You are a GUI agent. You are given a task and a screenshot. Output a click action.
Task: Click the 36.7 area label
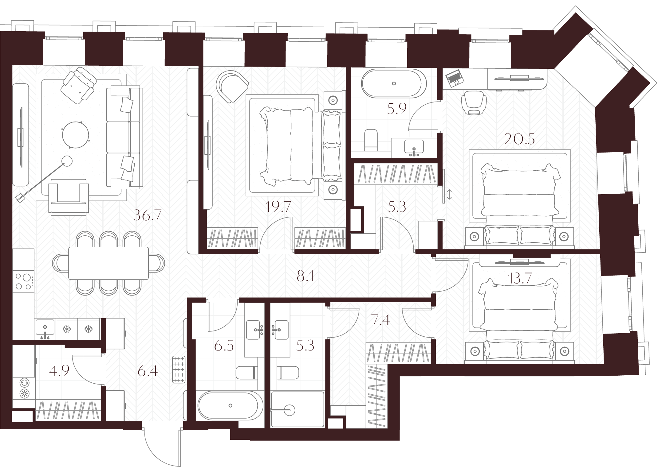click(148, 216)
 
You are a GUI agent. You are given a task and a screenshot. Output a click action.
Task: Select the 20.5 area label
click(520, 139)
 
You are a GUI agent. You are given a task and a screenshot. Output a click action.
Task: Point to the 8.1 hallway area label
click(305, 277)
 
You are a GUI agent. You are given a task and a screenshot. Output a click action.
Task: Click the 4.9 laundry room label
click(59, 371)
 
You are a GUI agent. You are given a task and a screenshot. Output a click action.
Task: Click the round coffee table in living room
click(76, 134)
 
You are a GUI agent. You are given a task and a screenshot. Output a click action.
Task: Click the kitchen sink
click(45, 328)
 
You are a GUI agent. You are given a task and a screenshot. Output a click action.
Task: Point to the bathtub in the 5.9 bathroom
click(394, 83)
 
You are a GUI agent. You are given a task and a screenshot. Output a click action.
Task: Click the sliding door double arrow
click(449, 195)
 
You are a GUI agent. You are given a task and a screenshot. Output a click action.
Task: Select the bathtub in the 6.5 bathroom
click(230, 406)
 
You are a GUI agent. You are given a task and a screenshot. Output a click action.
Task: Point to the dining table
click(108, 263)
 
